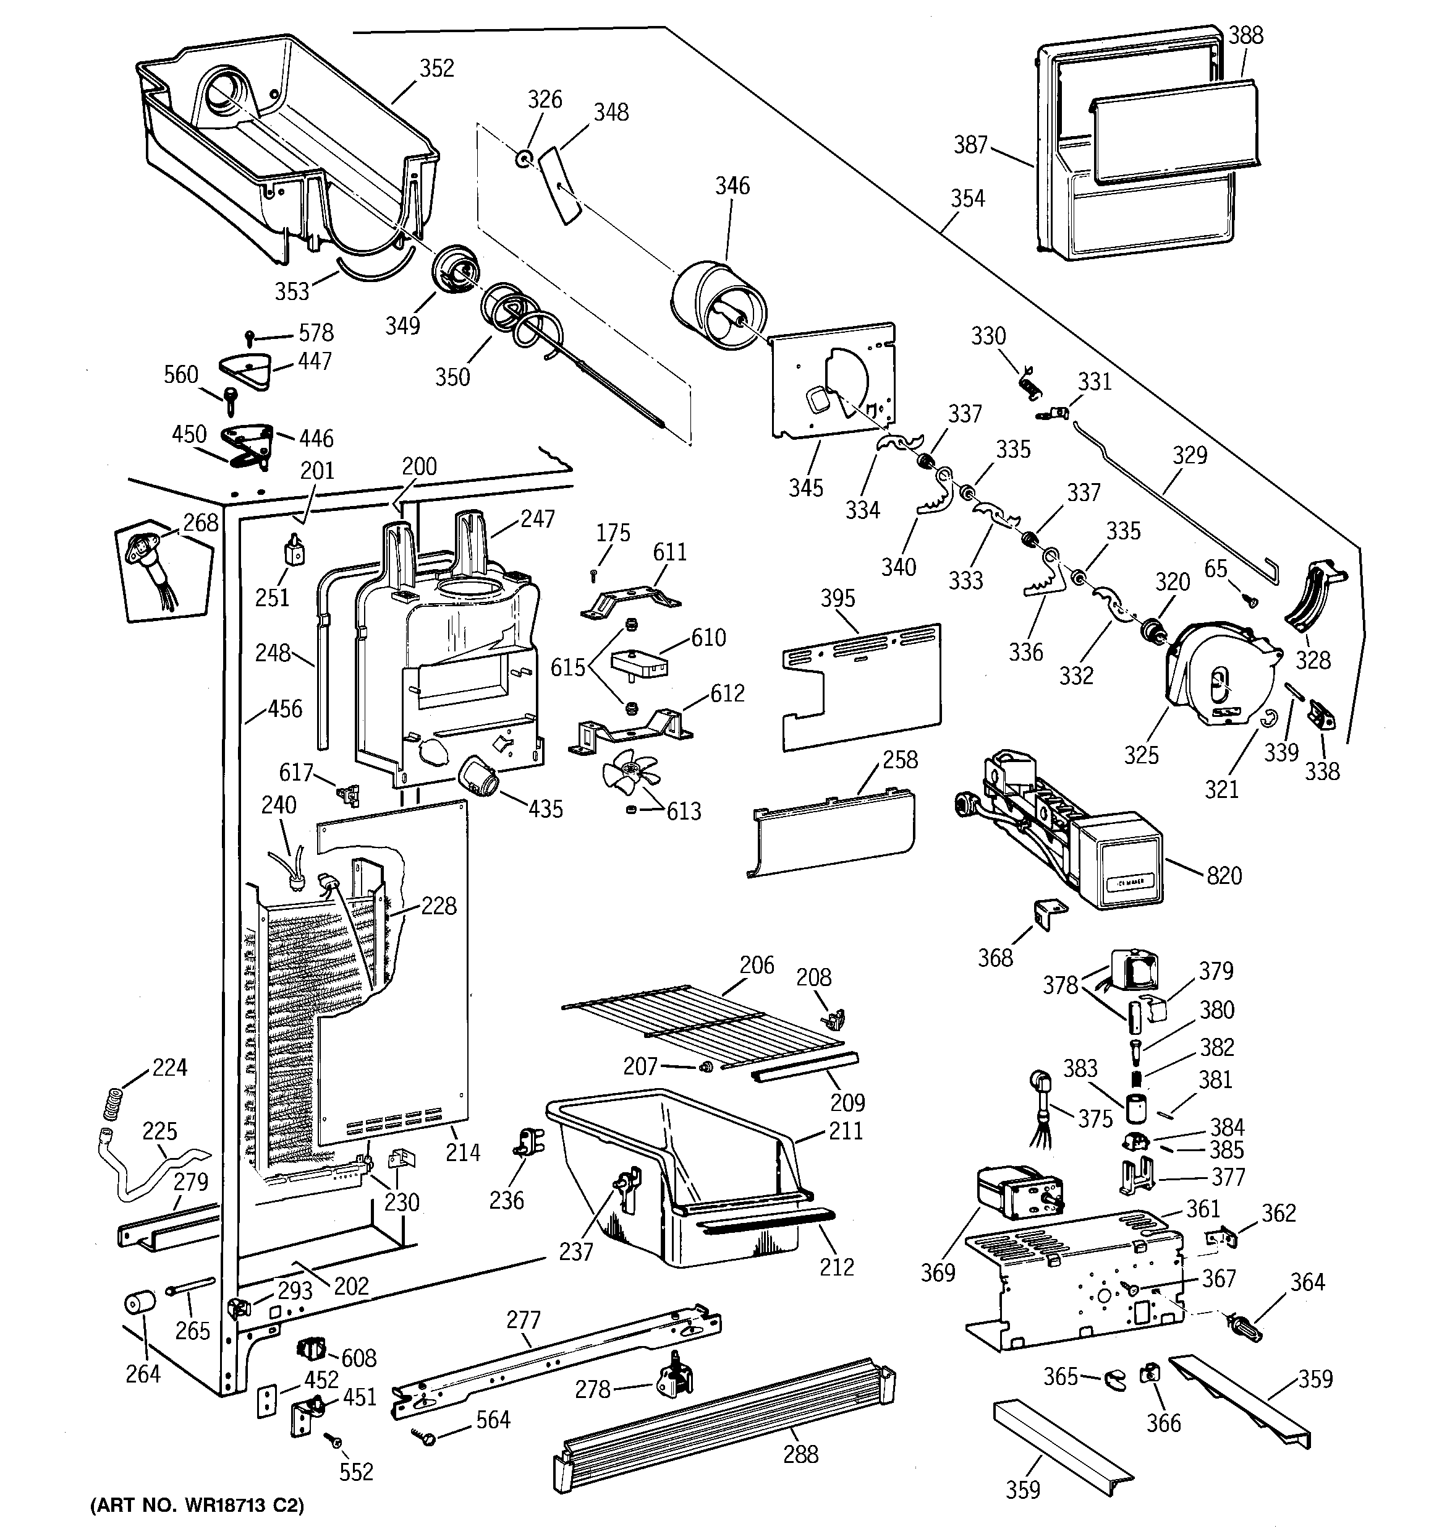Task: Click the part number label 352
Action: coord(436,69)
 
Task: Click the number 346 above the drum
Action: coord(731,186)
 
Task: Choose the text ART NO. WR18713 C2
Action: coord(197,1506)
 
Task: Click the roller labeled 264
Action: coord(139,1305)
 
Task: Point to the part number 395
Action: coord(838,598)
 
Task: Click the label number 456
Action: coord(284,708)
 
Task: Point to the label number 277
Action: coord(524,1320)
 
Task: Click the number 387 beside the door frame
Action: coord(970,144)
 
